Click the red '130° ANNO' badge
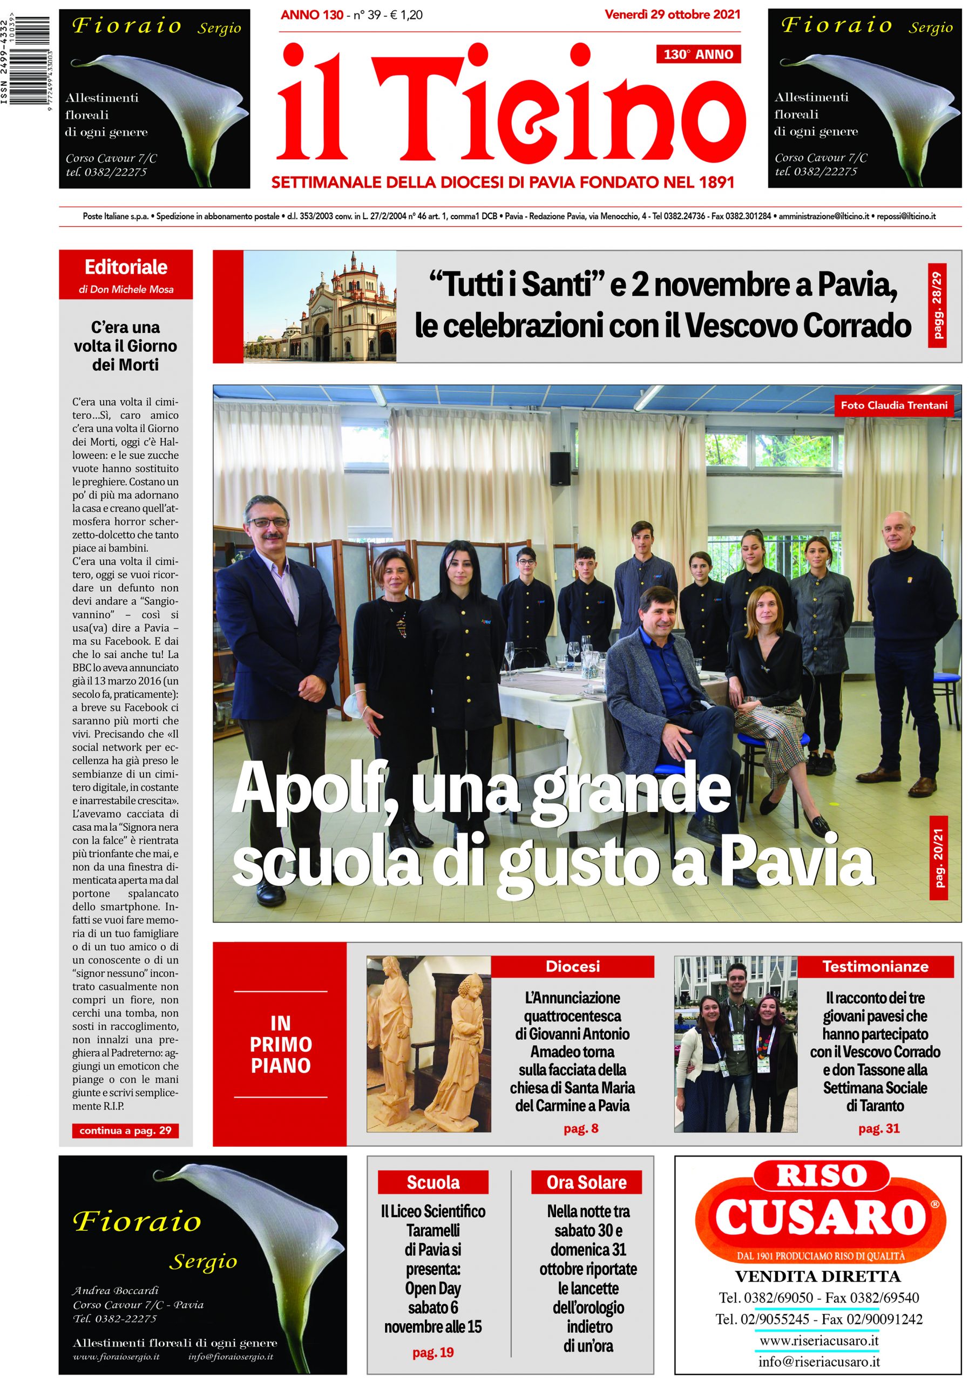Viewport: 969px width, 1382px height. point(697,55)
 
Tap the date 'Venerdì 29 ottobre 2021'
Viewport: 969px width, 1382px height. point(672,15)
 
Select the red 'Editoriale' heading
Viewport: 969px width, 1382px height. point(126,267)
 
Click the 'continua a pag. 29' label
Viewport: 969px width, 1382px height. point(125,1131)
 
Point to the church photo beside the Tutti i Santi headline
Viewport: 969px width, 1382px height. point(320,307)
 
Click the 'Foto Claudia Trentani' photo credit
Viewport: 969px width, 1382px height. point(893,405)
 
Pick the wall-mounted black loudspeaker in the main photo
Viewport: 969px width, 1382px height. point(560,470)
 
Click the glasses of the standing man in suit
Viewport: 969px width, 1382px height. point(268,523)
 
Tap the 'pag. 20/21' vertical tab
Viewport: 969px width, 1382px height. point(938,858)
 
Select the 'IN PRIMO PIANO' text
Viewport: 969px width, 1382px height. point(281,1044)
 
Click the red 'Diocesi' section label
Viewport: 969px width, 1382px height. point(572,967)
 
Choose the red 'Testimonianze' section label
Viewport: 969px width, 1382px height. point(875,967)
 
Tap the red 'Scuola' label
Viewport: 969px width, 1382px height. point(433,1182)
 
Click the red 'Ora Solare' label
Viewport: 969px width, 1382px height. point(586,1182)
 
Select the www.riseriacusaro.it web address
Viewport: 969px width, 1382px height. point(818,1340)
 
